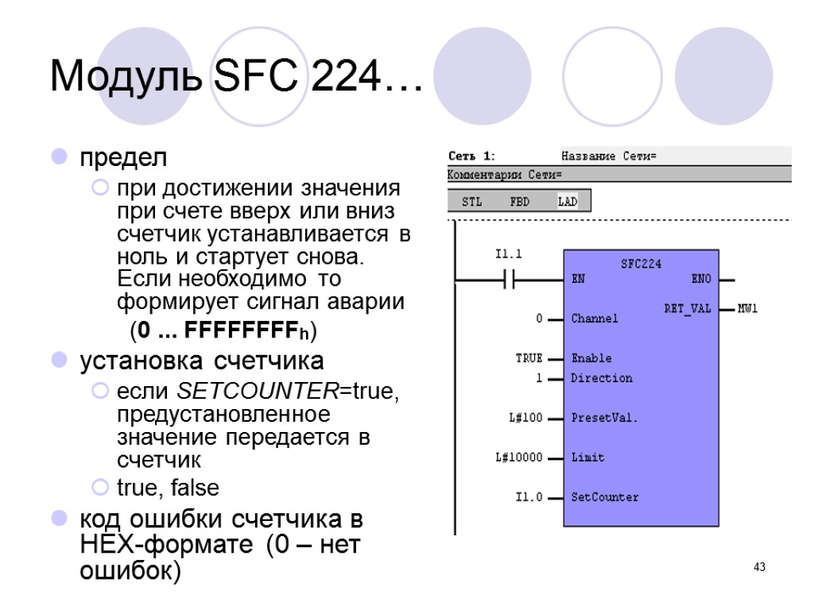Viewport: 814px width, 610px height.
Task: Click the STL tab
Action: point(471,202)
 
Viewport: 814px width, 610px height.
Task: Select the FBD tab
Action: point(519,202)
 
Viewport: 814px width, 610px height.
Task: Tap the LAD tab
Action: point(568,202)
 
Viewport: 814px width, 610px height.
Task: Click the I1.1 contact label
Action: point(508,254)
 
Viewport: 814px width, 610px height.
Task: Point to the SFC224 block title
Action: point(641,264)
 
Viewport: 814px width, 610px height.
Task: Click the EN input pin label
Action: point(579,280)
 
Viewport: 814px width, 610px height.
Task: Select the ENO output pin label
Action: point(702,280)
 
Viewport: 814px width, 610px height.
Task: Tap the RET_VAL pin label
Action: point(688,308)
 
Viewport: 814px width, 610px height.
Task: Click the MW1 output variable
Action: point(747,308)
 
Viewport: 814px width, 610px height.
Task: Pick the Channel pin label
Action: point(594,319)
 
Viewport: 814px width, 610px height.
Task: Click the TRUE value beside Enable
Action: point(529,358)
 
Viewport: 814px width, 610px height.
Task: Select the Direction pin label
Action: point(602,378)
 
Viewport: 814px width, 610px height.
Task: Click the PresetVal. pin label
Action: point(604,418)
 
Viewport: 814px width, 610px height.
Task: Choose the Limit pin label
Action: point(587,457)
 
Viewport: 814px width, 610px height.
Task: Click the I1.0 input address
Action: point(529,497)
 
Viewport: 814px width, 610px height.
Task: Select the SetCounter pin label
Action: point(604,497)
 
